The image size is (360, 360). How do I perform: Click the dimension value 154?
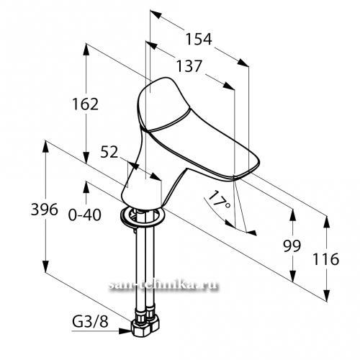(x=199, y=39)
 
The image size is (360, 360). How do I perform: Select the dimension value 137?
(x=189, y=66)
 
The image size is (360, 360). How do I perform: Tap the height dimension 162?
(x=86, y=104)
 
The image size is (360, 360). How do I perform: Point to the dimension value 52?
(x=109, y=152)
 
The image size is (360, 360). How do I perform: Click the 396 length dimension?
(x=45, y=210)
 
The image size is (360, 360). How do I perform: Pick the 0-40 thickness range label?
(x=85, y=215)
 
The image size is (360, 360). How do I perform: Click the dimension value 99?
(x=292, y=246)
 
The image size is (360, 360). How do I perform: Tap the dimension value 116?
(x=325, y=259)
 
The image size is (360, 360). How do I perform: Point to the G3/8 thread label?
(x=90, y=323)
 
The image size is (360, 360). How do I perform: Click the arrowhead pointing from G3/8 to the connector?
(x=125, y=331)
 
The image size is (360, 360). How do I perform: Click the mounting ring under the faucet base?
(x=143, y=217)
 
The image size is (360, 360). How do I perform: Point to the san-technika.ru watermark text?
(x=164, y=285)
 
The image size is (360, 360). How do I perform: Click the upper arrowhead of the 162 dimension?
(x=86, y=50)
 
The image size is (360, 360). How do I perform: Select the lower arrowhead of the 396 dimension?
(x=45, y=266)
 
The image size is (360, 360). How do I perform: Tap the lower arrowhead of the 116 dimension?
(x=326, y=296)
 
